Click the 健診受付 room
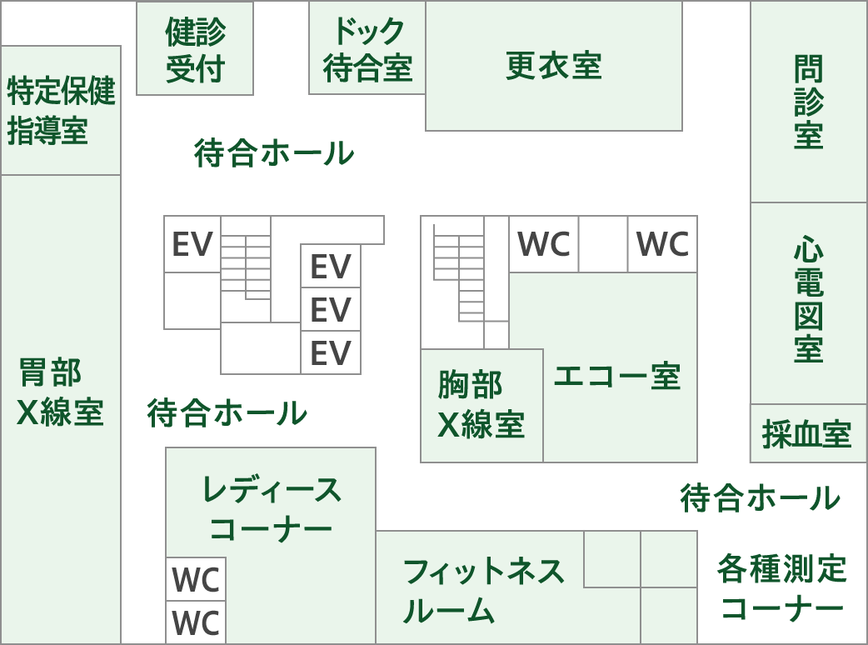[195, 49]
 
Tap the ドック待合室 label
[367, 49]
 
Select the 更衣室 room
[554, 66]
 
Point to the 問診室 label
[808, 102]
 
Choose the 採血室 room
[806, 434]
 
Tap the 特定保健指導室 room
[60, 111]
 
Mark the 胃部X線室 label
[60, 392]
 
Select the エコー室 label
[617, 377]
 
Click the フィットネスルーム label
[483, 591]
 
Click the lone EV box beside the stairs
[192, 244]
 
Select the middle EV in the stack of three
[331, 310]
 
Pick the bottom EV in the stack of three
[331, 352]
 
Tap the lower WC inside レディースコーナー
[196, 622]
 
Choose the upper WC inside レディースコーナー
[196, 579]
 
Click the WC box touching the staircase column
[543, 244]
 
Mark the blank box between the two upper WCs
[603, 244]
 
